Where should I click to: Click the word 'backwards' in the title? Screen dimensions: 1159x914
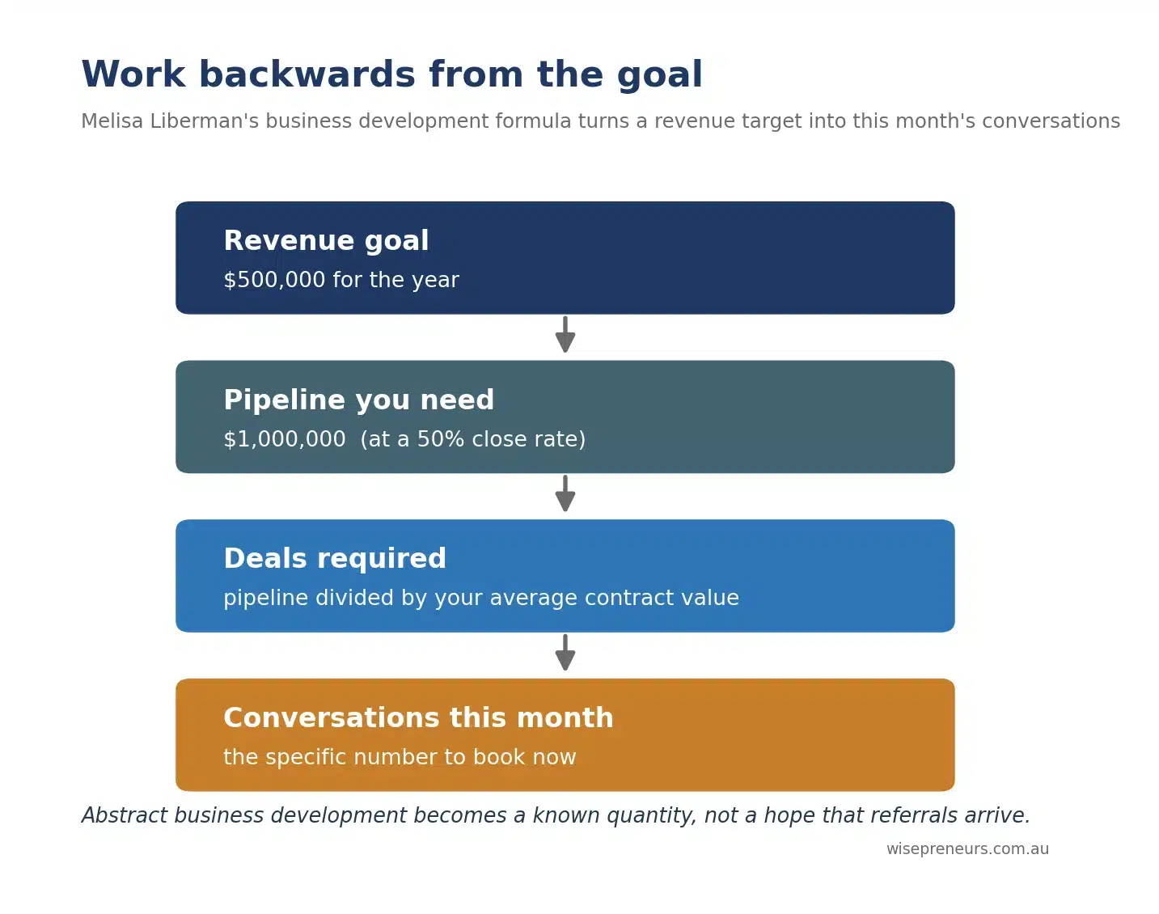[x=307, y=74]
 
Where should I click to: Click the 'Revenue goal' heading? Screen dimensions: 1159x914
[x=326, y=241]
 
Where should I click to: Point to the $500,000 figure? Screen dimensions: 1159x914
[x=274, y=280]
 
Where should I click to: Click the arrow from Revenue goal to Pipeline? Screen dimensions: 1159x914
[x=565, y=335]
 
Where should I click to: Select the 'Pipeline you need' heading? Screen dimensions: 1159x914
[x=358, y=400]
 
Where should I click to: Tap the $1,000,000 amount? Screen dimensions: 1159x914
[x=285, y=439]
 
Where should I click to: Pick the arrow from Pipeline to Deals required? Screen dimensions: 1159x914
[x=565, y=493]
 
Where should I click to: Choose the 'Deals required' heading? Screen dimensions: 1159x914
[x=335, y=558]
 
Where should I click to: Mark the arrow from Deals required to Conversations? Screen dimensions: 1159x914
[x=565, y=652]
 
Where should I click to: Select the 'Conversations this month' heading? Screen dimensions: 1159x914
[x=418, y=717]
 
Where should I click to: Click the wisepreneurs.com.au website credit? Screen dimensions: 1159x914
[x=967, y=848]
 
